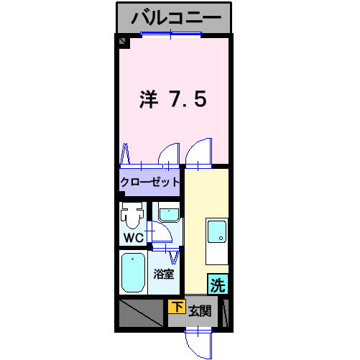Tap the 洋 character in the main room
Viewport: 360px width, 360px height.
pos(147,98)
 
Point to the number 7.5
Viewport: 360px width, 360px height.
pos(188,98)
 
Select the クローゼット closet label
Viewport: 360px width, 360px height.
pos(150,183)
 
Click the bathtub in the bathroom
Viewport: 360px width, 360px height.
pos(133,272)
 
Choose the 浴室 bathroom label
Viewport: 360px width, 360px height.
pos(164,274)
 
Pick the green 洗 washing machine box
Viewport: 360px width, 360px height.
pos(218,285)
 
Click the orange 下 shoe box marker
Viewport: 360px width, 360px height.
pos(176,307)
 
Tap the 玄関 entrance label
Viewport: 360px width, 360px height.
pos(200,311)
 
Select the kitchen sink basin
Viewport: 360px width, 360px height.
pos(216,232)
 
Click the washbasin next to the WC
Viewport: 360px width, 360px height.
pos(169,214)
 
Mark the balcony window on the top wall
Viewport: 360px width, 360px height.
pos(170,35)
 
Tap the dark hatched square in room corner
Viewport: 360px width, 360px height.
pos(123,42)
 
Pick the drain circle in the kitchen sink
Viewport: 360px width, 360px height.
pos(217,234)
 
